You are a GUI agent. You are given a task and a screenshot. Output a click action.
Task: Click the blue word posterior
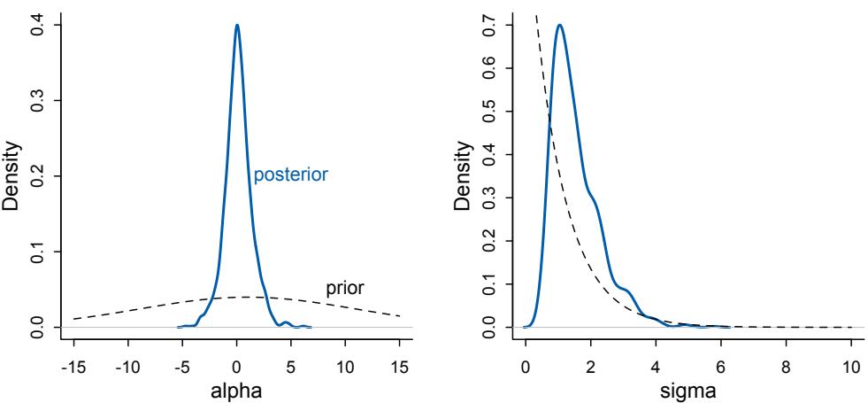[x=291, y=174]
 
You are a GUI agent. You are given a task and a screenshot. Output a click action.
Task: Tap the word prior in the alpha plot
[x=345, y=288]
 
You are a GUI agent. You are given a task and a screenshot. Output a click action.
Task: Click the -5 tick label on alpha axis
[x=182, y=363]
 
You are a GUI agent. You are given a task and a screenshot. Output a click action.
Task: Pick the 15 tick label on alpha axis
[x=400, y=363]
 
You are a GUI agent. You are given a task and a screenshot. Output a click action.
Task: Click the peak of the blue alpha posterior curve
[x=236, y=26]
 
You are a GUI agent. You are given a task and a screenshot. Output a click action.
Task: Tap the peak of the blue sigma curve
[x=559, y=26]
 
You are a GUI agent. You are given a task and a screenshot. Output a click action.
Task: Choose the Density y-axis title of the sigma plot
[x=462, y=177]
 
